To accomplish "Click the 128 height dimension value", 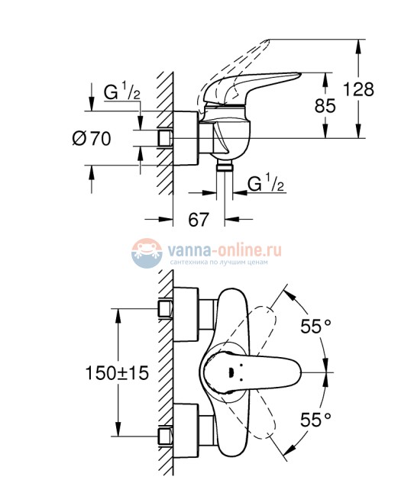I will [358, 89].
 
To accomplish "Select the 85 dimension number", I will [325, 105].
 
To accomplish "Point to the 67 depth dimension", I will [198, 220].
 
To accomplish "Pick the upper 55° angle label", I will [315, 327].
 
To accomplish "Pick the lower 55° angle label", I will [315, 418].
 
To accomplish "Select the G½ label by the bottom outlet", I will [266, 183].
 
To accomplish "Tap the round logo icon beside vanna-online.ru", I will [145, 254].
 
